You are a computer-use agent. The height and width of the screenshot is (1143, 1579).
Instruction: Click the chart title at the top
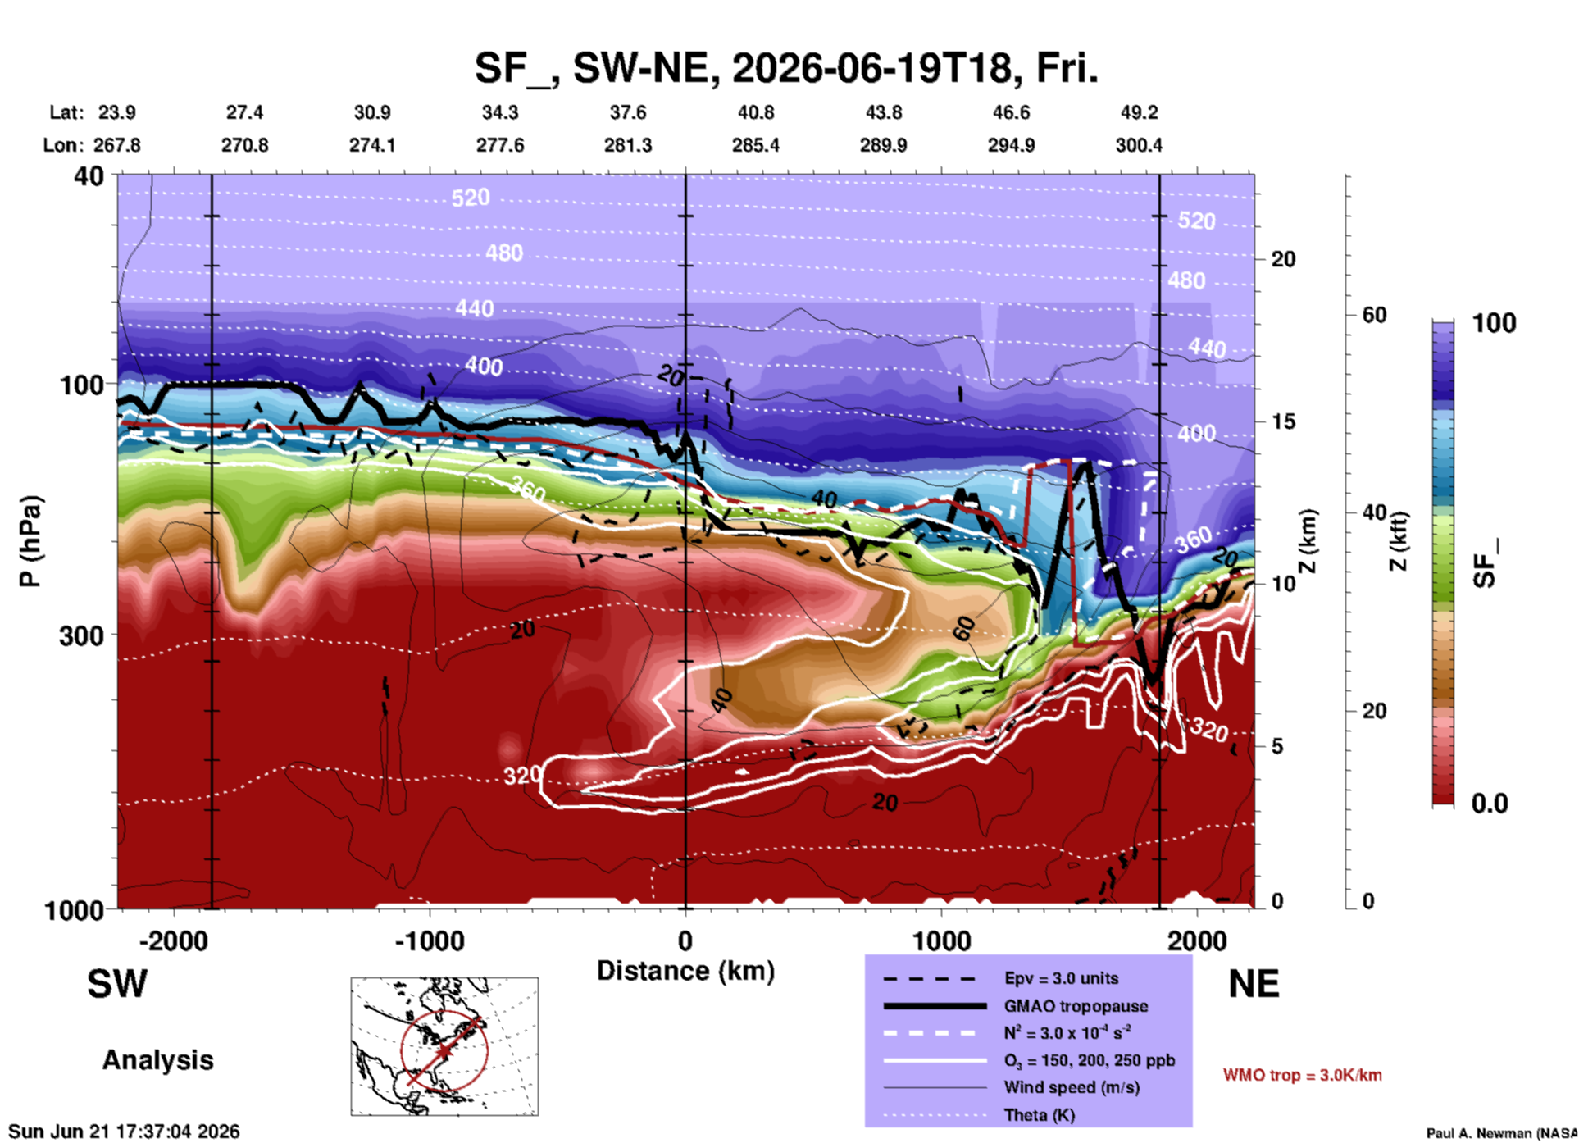tap(786, 67)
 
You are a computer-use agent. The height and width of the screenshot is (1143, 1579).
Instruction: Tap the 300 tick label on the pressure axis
tap(82, 635)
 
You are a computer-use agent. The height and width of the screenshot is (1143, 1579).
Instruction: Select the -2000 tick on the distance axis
tap(173, 940)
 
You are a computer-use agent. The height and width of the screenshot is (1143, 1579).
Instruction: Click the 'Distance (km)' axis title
tap(685, 971)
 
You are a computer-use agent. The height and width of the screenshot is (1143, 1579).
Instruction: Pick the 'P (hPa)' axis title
tap(30, 541)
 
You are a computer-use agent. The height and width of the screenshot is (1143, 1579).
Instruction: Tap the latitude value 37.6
tap(628, 112)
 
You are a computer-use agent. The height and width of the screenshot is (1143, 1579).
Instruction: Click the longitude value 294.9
tap(1011, 145)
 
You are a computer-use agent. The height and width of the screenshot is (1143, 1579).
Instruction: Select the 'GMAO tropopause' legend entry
tap(1076, 1006)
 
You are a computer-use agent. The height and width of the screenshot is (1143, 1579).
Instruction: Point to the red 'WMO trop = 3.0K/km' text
tap(1302, 1075)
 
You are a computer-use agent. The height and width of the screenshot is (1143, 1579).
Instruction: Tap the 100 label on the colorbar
tap(1494, 323)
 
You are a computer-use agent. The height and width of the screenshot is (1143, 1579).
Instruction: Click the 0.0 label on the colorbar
tap(1490, 804)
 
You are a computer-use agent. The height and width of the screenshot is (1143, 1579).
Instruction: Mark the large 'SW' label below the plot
tap(117, 984)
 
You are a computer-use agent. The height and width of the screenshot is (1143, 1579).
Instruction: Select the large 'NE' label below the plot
tap(1254, 984)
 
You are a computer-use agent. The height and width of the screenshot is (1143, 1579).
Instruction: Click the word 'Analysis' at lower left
tap(157, 1060)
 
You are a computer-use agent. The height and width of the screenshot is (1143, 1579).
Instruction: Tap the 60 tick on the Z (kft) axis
tap(1374, 315)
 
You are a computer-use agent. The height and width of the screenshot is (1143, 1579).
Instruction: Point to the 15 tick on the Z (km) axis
tap(1283, 421)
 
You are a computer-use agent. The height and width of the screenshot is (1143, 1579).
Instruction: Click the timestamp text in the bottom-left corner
tap(124, 1132)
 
